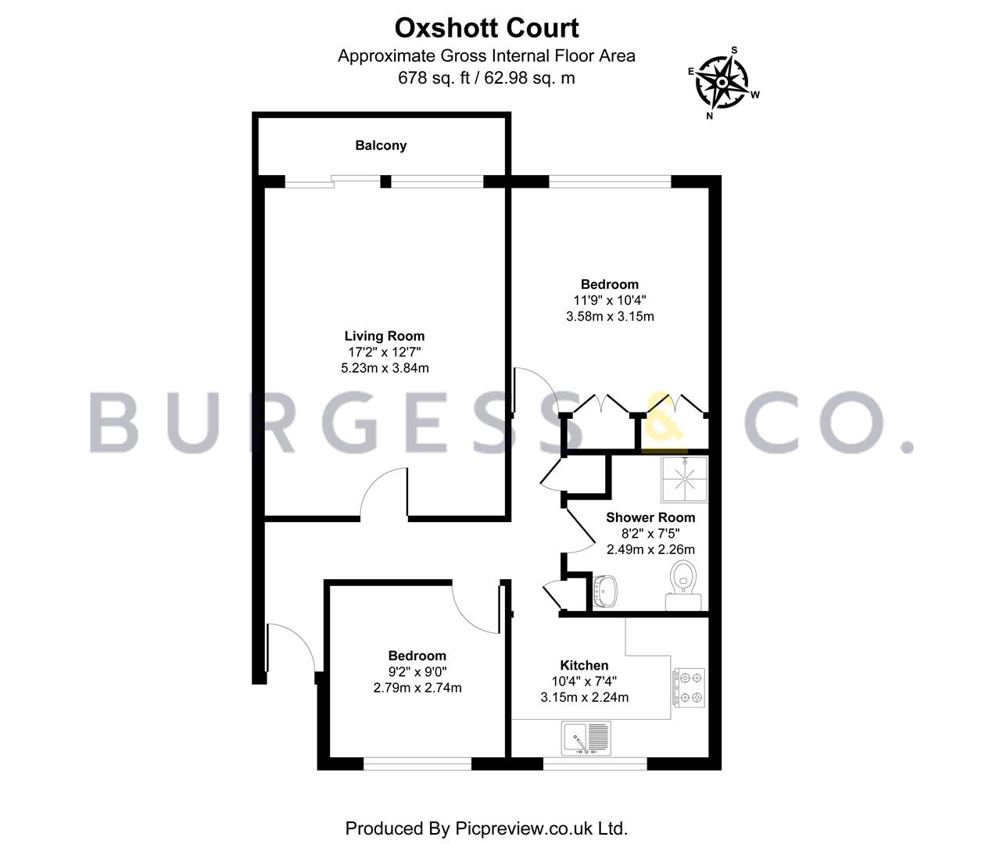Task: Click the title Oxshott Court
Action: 486,28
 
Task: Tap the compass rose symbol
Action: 722,83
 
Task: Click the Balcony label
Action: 381,145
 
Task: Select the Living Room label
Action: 385,336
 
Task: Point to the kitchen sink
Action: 586,738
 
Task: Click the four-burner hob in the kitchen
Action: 690,688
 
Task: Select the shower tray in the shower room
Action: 685,479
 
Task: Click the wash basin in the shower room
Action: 605,592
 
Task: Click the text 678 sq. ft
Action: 433,78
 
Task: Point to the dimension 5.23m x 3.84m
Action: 385,368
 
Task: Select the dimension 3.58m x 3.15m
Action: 610,316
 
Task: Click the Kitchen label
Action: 584,665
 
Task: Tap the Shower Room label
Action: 650,517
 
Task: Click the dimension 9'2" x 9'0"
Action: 417,671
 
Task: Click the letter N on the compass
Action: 709,116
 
